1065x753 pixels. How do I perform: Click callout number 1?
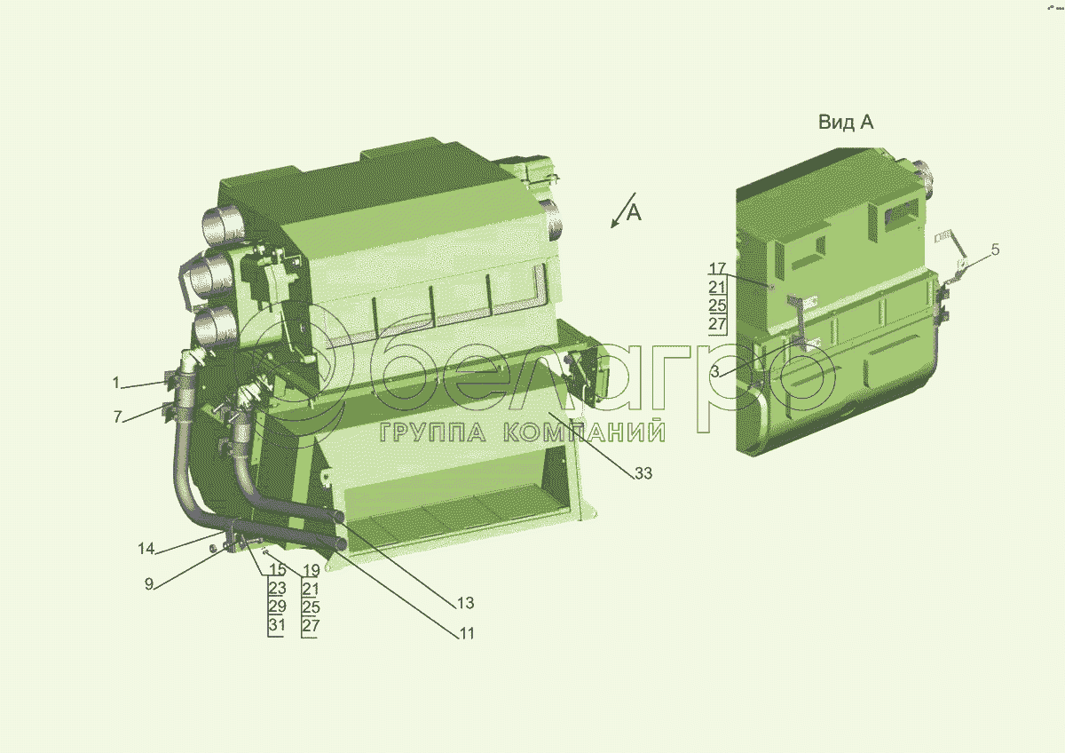(x=116, y=383)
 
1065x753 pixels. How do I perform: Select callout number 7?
(x=118, y=416)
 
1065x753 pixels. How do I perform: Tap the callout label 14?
(x=146, y=549)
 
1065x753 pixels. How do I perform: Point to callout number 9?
(x=149, y=584)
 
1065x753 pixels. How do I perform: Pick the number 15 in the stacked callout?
(x=278, y=569)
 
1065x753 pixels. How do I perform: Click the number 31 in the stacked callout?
(x=277, y=624)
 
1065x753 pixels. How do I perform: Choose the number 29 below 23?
(x=278, y=606)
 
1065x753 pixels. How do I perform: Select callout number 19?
(x=312, y=570)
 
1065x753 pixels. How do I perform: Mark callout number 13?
(x=465, y=603)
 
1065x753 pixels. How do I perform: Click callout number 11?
(x=467, y=634)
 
